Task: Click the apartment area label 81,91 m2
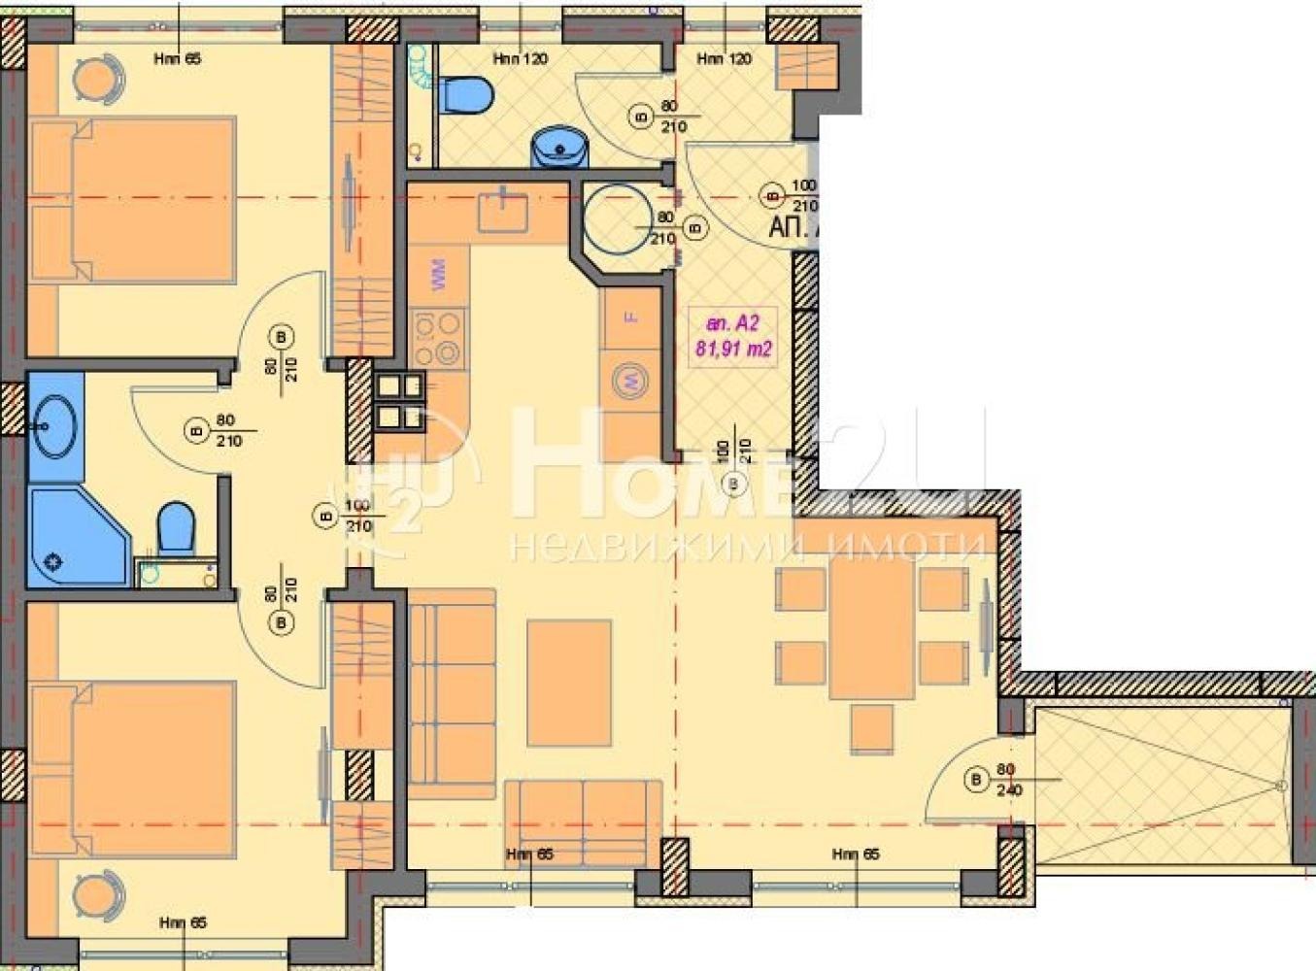(x=733, y=349)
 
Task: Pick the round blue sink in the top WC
(x=559, y=149)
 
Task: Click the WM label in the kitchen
(x=437, y=273)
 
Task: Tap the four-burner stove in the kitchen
(x=438, y=338)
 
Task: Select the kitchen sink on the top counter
(x=502, y=212)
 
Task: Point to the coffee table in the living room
(x=569, y=683)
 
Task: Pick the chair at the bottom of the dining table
(x=871, y=728)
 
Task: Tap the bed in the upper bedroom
(x=133, y=200)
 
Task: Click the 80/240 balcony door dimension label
(x=1005, y=780)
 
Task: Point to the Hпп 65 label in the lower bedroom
(x=183, y=922)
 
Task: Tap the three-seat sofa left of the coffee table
(x=452, y=693)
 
